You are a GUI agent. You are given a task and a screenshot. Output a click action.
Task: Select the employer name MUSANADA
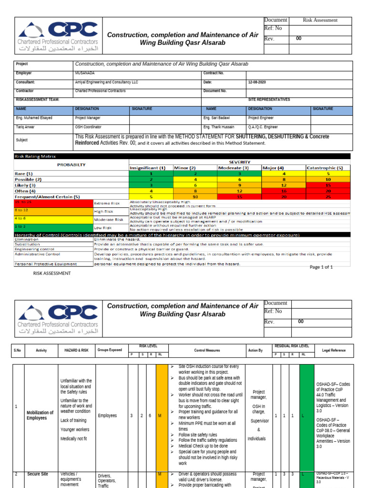[x=84, y=73]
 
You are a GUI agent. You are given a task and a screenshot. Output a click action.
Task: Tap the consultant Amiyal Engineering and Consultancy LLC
[x=106, y=82]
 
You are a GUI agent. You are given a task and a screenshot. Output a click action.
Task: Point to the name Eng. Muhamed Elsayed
[x=34, y=118]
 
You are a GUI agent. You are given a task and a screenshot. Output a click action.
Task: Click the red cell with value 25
[x=328, y=196]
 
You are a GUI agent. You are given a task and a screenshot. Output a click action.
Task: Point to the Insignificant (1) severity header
[x=148, y=168]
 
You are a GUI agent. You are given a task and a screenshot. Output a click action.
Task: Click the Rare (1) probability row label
[x=24, y=173]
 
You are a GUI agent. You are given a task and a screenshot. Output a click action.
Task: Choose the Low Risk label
[x=103, y=228]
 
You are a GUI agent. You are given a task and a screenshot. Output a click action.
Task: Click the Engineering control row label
[x=34, y=249]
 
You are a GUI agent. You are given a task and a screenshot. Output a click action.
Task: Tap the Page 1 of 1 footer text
[x=321, y=267]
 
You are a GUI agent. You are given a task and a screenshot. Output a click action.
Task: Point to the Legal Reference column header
[x=334, y=350]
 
